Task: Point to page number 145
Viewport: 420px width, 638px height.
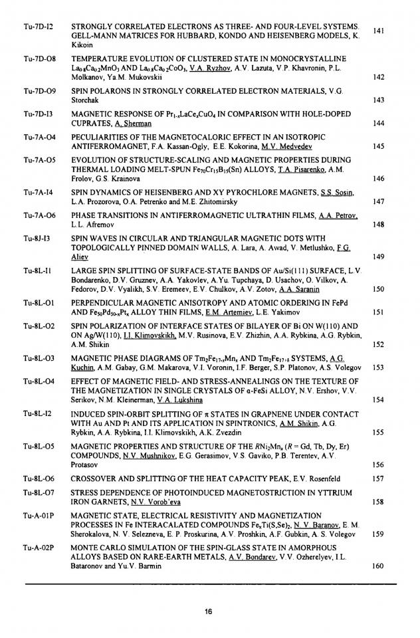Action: click(x=379, y=146)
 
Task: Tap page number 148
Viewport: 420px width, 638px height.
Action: click(x=379, y=225)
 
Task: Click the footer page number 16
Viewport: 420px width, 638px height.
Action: click(x=210, y=612)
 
